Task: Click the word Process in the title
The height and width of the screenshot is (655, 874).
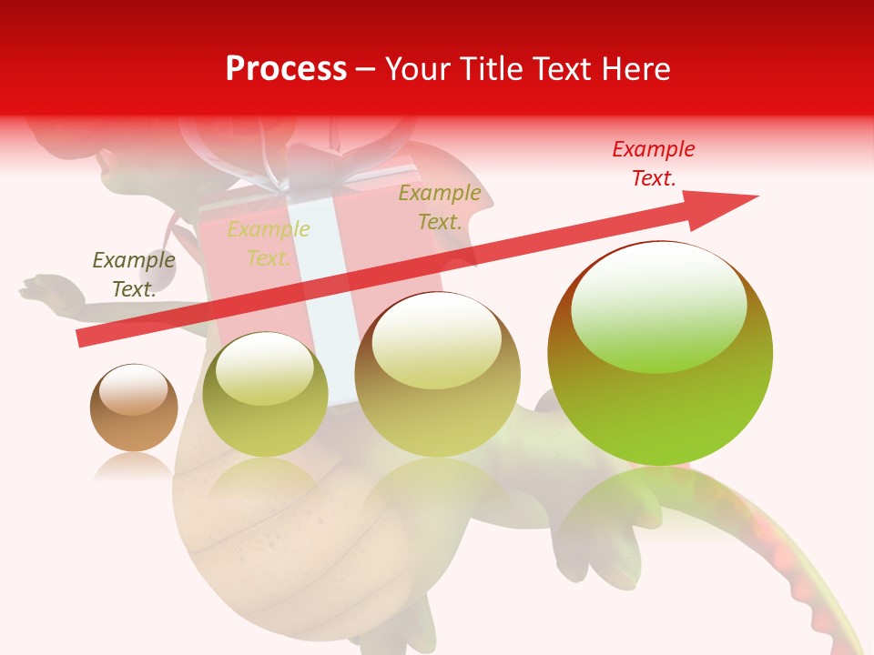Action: coord(286,69)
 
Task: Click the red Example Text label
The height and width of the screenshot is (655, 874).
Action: coord(653,164)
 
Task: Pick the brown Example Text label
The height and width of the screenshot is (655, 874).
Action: coord(134,275)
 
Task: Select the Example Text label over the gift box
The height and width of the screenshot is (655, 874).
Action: coord(269,244)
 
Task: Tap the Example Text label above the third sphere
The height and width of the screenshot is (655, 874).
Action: coord(440,207)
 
